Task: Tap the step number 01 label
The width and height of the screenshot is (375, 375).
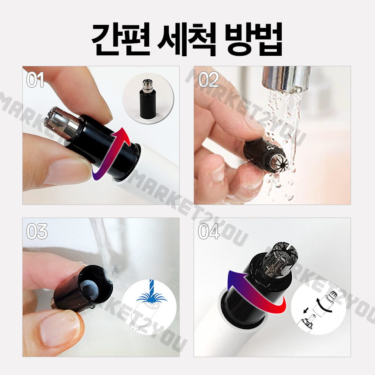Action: click(x=36, y=80)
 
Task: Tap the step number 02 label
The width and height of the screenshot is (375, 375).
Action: click(x=208, y=80)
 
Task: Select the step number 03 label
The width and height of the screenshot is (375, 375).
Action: click(x=37, y=232)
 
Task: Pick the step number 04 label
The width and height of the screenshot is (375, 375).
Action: click(x=209, y=232)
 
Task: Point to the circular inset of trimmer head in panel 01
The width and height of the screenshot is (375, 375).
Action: click(x=148, y=98)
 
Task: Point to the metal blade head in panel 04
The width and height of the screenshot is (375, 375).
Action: click(x=281, y=260)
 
